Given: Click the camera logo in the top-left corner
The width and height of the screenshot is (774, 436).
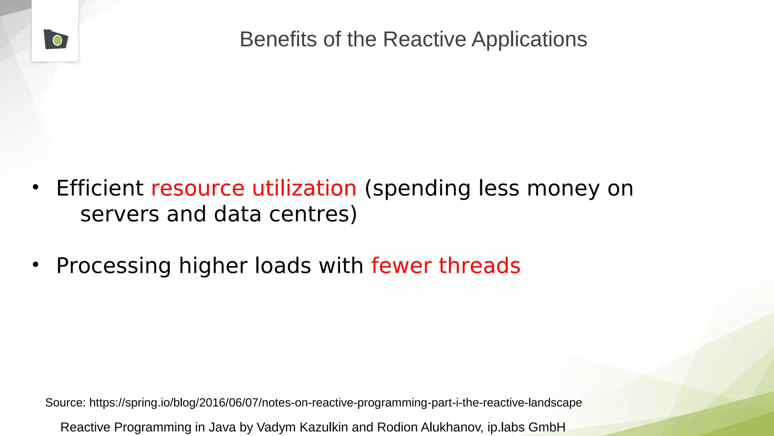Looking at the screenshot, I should point(56,39).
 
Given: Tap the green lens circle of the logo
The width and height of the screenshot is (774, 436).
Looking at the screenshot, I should point(57,40).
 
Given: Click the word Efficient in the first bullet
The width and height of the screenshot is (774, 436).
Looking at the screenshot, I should point(100,188).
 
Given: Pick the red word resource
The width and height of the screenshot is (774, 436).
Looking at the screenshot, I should point(198,188).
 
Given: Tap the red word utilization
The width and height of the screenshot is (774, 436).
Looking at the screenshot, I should point(304,188).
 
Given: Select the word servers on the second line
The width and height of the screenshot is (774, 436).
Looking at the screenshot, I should point(119,214).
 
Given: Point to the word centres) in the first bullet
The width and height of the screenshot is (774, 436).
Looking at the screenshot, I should point(313,214).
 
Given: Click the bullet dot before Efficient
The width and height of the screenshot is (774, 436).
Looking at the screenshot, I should point(36,187).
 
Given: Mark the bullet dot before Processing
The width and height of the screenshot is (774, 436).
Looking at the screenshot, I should point(36,265).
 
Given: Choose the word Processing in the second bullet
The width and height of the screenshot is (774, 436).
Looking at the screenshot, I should point(113,266).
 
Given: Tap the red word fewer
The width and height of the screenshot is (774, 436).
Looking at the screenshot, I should point(401,265).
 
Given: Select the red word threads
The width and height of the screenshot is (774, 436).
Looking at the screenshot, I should point(480,265).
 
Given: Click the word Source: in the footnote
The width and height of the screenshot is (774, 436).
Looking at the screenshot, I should point(65,402).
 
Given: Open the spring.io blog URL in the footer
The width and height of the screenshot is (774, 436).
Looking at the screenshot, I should point(335,402).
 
